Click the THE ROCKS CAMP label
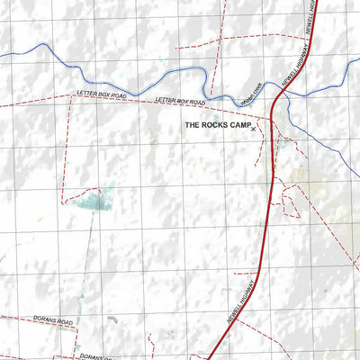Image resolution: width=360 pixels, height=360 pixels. click(x=215, y=127)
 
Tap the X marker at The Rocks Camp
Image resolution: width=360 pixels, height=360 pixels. click(x=254, y=130)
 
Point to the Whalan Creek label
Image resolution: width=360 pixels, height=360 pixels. click(x=251, y=93)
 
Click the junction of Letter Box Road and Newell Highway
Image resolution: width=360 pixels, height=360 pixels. click(x=273, y=116)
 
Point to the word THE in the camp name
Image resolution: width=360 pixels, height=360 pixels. click(x=192, y=127)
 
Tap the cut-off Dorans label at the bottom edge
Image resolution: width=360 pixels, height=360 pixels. click(x=94, y=357)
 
